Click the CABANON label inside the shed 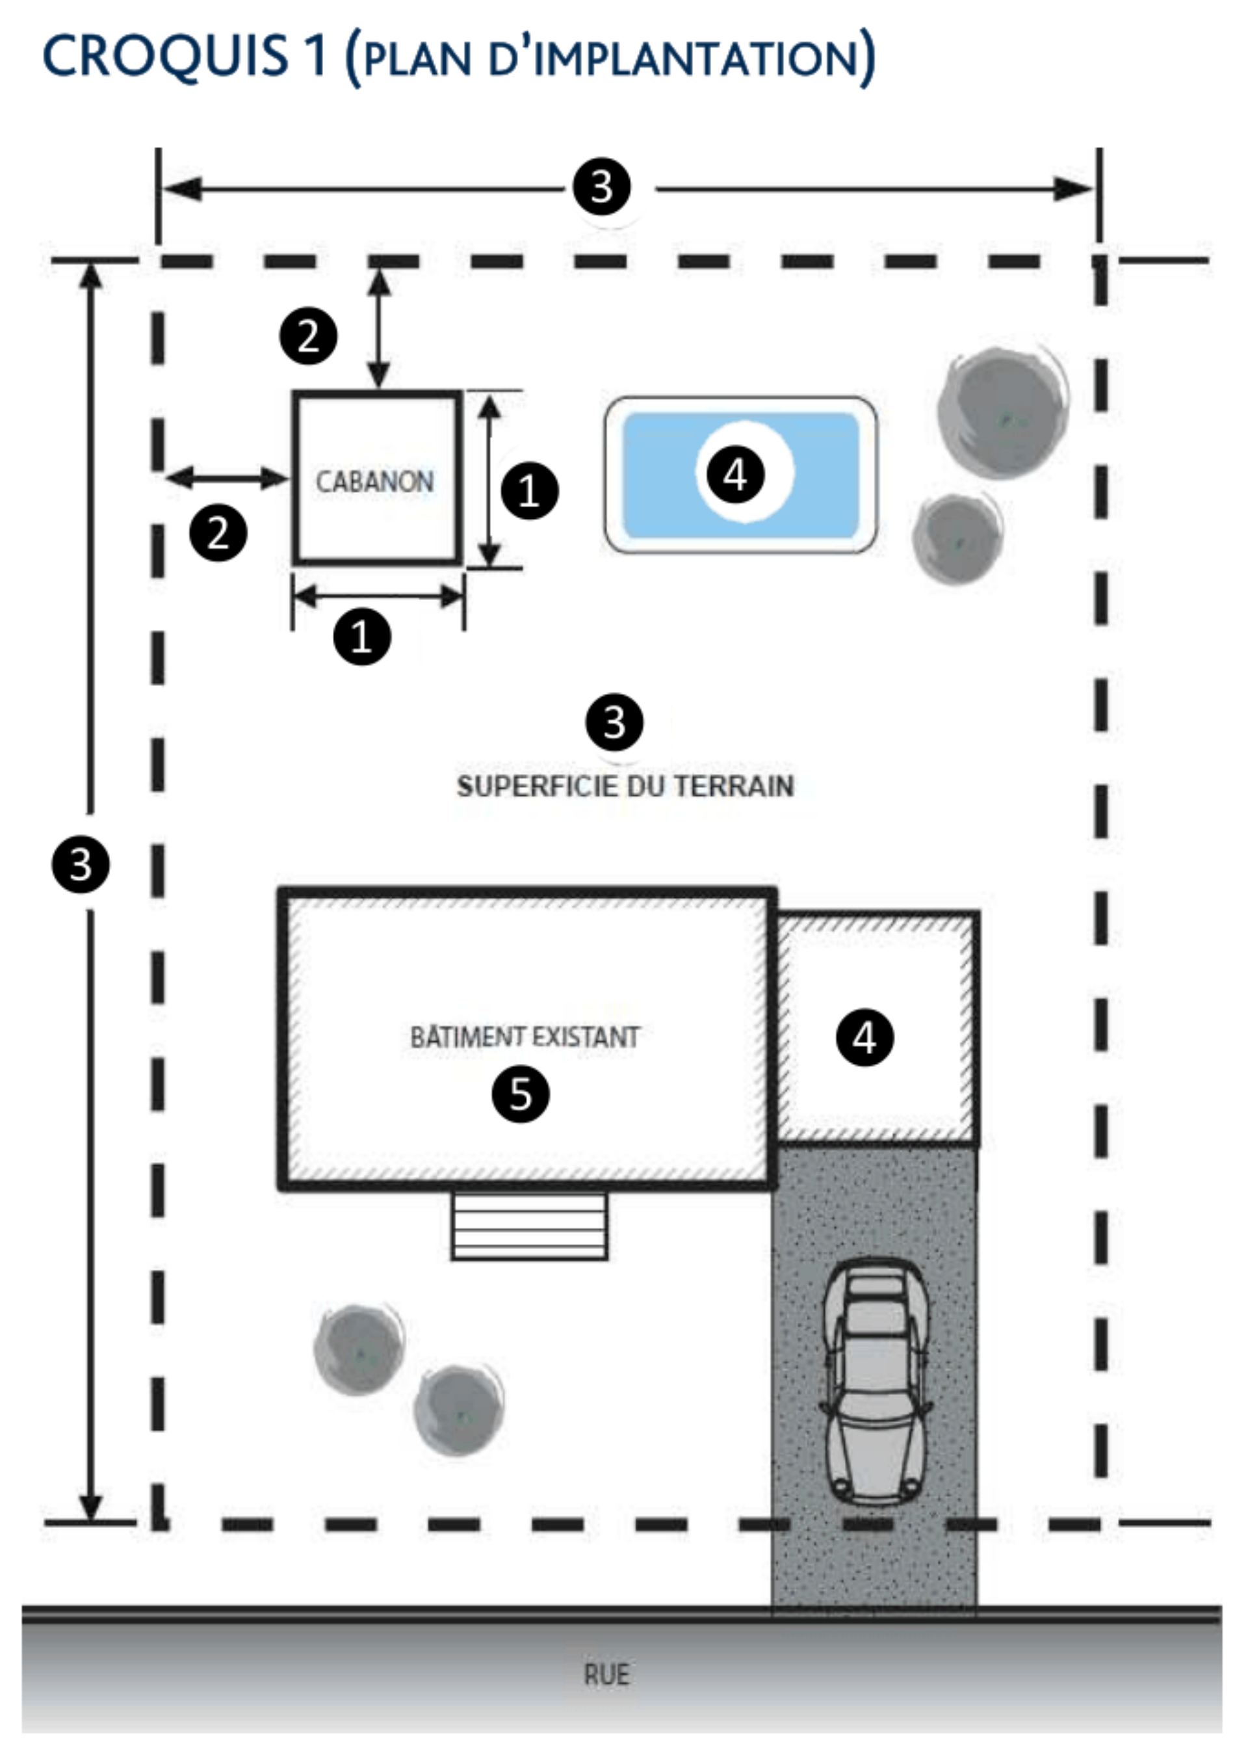pyautogui.click(x=375, y=482)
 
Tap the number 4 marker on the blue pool pyautogui.click(x=734, y=473)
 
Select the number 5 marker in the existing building pyautogui.click(x=520, y=1094)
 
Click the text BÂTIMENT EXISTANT pyautogui.click(x=525, y=1036)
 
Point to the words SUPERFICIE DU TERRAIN pyautogui.click(x=625, y=786)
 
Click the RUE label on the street pyautogui.click(x=607, y=1674)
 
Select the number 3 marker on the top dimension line pyautogui.click(x=602, y=187)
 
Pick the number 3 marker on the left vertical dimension pyautogui.click(x=81, y=864)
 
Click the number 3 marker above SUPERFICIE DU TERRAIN pyautogui.click(x=614, y=722)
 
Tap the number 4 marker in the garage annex pyautogui.click(x=864, y=1038)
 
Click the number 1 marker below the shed pyautogui.click(x=362, y=637)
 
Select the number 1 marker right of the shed pyautogui.click(x=530, y=490)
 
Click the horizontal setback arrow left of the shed pyautogui.click(x=227, y=478)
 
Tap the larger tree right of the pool pyautogui.click(x=1003, y=414)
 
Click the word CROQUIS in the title pyautogui.click(x=165, y=56)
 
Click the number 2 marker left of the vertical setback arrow pyautogui.click(x=308, y=336)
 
